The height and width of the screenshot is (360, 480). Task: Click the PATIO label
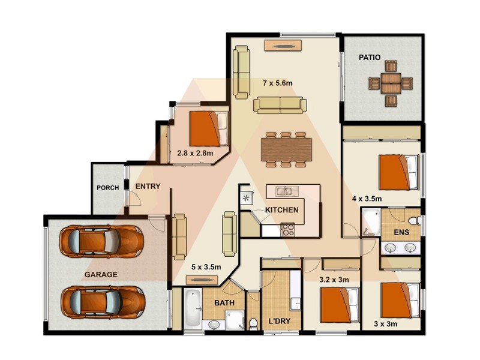point(370,58)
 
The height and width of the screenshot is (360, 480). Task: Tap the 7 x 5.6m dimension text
point(281,82)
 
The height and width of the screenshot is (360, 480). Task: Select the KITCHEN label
point(282,210)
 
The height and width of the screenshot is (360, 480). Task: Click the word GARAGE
point(100,274)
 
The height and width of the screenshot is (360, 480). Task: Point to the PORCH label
point(107,188)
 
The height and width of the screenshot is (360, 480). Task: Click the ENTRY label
point(148,187)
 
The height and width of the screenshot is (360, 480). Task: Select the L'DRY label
point(279,322)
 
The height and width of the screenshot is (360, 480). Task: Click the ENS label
point(401,232)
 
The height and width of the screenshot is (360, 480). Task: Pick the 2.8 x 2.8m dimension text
point(195,153)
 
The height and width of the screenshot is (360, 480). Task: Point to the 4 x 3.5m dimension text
point(367,199)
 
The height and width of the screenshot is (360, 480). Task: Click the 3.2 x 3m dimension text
point(334,280)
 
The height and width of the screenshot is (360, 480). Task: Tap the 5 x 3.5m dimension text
point(206,267)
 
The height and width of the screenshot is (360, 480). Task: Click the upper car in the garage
point(102,241)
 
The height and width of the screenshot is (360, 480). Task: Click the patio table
point(391,83)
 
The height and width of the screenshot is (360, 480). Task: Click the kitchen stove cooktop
point(287,228)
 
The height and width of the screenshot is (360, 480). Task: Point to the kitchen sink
point(284,191)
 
